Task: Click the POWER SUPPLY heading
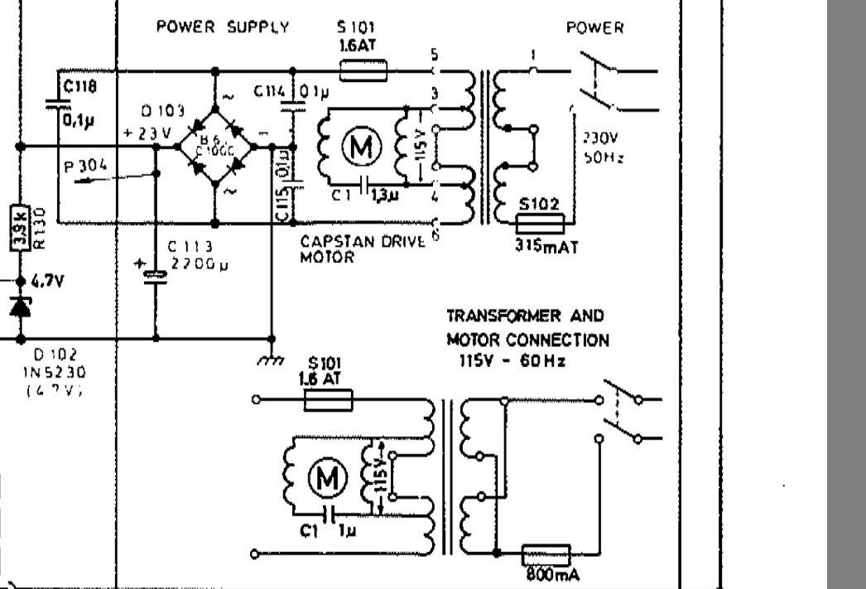223,27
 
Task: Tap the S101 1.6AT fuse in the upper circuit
363,72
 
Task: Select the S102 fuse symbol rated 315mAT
540,224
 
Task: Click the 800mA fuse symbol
546,553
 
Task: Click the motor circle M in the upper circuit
362,147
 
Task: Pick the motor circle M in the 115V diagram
324,477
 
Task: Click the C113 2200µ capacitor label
191,254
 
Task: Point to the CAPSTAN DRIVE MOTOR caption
362,248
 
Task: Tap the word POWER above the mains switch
594,28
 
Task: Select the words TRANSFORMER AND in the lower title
526,316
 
